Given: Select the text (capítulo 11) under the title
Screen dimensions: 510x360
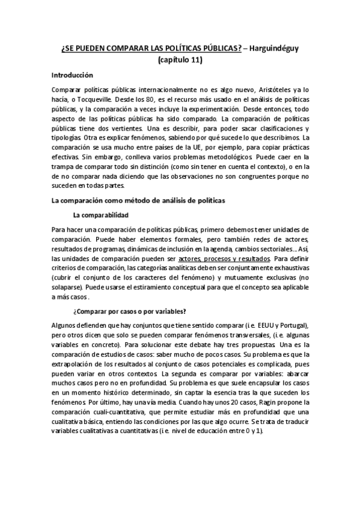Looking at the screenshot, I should (x=180, y=60).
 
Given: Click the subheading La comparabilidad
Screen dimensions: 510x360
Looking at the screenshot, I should (x=100, y=215).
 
